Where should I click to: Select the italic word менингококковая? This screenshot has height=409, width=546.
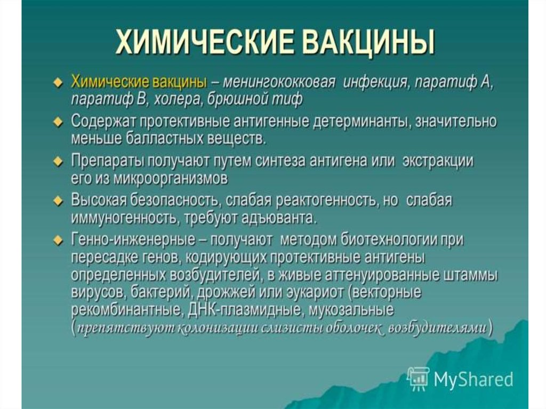[279, 83]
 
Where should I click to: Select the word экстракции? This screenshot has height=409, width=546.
[438, 162]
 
